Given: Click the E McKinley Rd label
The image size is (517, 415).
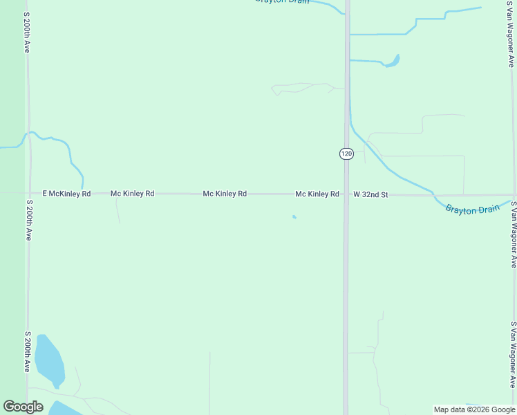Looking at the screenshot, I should coord(66,194).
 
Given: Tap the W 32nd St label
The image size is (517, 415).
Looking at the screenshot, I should coord(370,195).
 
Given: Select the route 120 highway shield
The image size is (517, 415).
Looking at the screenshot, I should coord(346,153).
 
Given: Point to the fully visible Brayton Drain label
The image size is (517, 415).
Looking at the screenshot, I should coord(472,209).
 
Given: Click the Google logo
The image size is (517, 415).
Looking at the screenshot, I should coord(23,407).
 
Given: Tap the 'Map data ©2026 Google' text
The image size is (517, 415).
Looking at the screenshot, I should coord(474,409).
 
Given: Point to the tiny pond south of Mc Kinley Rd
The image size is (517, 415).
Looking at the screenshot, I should coord(294,217).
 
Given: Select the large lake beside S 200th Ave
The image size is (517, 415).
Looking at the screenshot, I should coord(49,360).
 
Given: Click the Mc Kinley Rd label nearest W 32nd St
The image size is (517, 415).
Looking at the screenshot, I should coord(317,194).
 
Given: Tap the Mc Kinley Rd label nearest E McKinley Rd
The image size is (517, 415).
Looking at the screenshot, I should coord(132,194).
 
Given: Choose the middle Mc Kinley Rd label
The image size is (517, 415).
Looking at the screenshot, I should coord(225,194).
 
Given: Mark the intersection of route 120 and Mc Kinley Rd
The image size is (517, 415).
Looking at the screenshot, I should coord(346,194).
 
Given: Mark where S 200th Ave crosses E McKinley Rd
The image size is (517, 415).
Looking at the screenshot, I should coord(28,194).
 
